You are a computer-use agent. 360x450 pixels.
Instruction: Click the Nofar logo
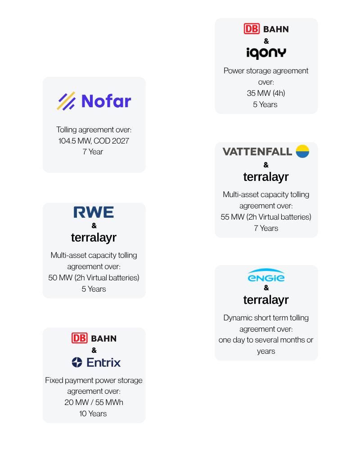tap(94, 101)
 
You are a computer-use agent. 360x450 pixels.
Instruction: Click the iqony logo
tap(266, 53)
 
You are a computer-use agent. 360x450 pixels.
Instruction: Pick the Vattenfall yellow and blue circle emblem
tap(302, 151)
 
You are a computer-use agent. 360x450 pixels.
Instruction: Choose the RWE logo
tap(94, 212)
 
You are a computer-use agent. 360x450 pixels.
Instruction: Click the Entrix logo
tap(96, 362)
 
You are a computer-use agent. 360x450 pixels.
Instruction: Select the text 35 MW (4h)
tap(266, 93)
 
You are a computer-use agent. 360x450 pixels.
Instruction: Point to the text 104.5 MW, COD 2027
tap(94, 141)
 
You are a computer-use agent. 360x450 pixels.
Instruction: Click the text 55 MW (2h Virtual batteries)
tap(266, 217)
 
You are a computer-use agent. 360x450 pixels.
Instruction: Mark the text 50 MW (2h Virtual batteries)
tap(94, 278)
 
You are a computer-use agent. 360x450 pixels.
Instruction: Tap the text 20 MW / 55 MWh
tap(94, 402)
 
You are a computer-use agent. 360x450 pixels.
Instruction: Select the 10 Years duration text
tap(94, 414)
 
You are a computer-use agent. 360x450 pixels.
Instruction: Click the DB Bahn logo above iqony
tap(266, 29)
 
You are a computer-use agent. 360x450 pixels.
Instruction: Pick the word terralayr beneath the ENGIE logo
tap(266, 300)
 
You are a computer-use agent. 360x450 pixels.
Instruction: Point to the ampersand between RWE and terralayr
tap(94, 225)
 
